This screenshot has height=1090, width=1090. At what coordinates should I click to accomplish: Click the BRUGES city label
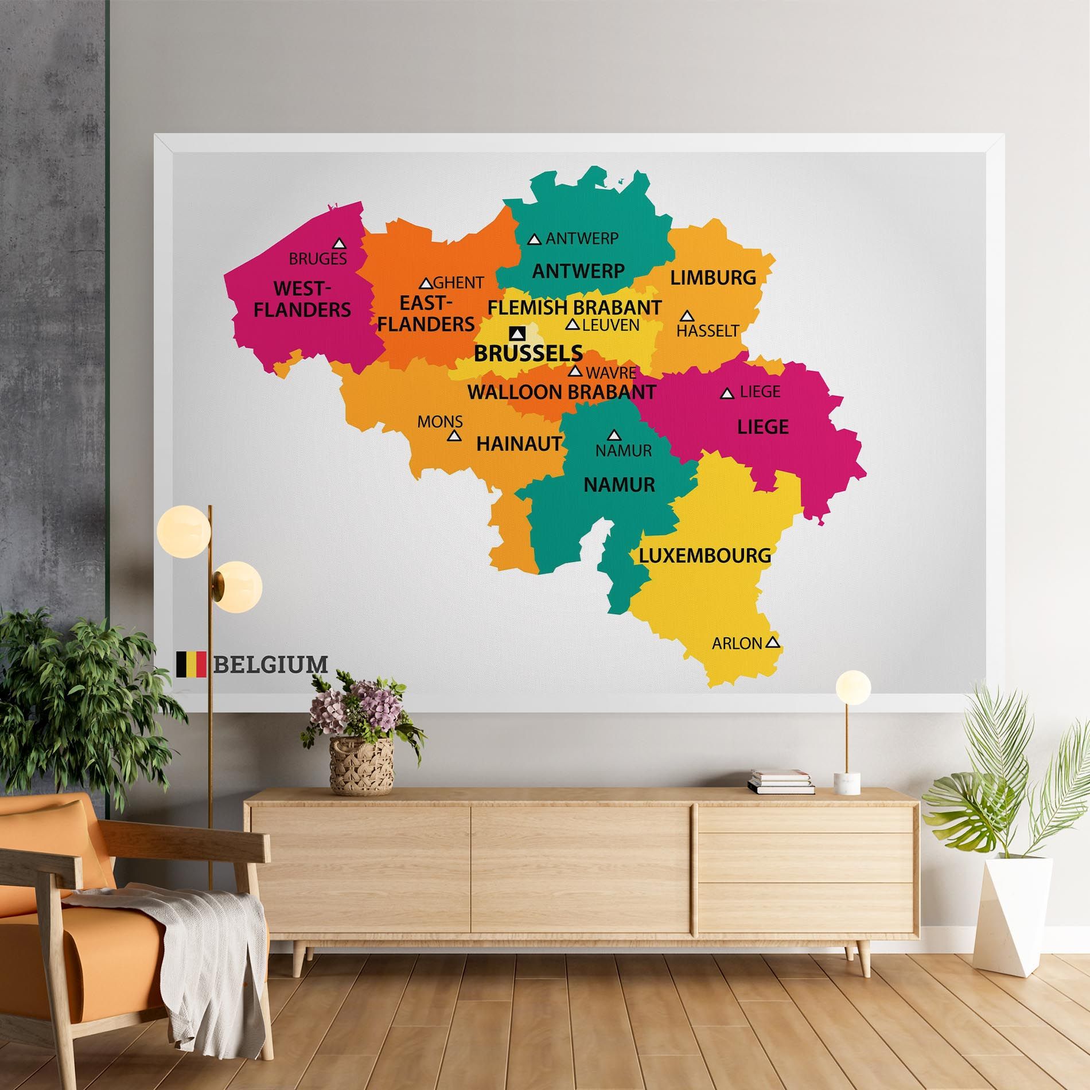point(318,259)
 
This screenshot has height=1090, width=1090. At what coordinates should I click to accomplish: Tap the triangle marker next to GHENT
point(426,283)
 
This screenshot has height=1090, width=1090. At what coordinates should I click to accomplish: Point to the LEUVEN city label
point(610,325)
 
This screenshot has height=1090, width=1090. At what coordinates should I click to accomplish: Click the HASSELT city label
point(707,331)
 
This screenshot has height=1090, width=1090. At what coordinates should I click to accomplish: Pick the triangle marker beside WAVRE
point(575,371)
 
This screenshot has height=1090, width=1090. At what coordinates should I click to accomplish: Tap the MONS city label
point(440,422)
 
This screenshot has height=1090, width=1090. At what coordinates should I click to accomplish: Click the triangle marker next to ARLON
point(773,643)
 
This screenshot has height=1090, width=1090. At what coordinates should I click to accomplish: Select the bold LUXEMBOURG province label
point(705,555)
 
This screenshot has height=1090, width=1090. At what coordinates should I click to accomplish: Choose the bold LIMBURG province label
point(713,278)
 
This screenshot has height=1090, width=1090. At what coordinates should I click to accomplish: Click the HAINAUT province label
point(519,443)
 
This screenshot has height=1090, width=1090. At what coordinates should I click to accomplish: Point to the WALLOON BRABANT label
point(562,392)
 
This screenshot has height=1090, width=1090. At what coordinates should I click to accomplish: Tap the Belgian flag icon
point(191,664)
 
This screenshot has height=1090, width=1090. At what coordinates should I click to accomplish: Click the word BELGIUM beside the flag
point(271,664)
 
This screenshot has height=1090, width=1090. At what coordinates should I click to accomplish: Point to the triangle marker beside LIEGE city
point(727,394)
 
